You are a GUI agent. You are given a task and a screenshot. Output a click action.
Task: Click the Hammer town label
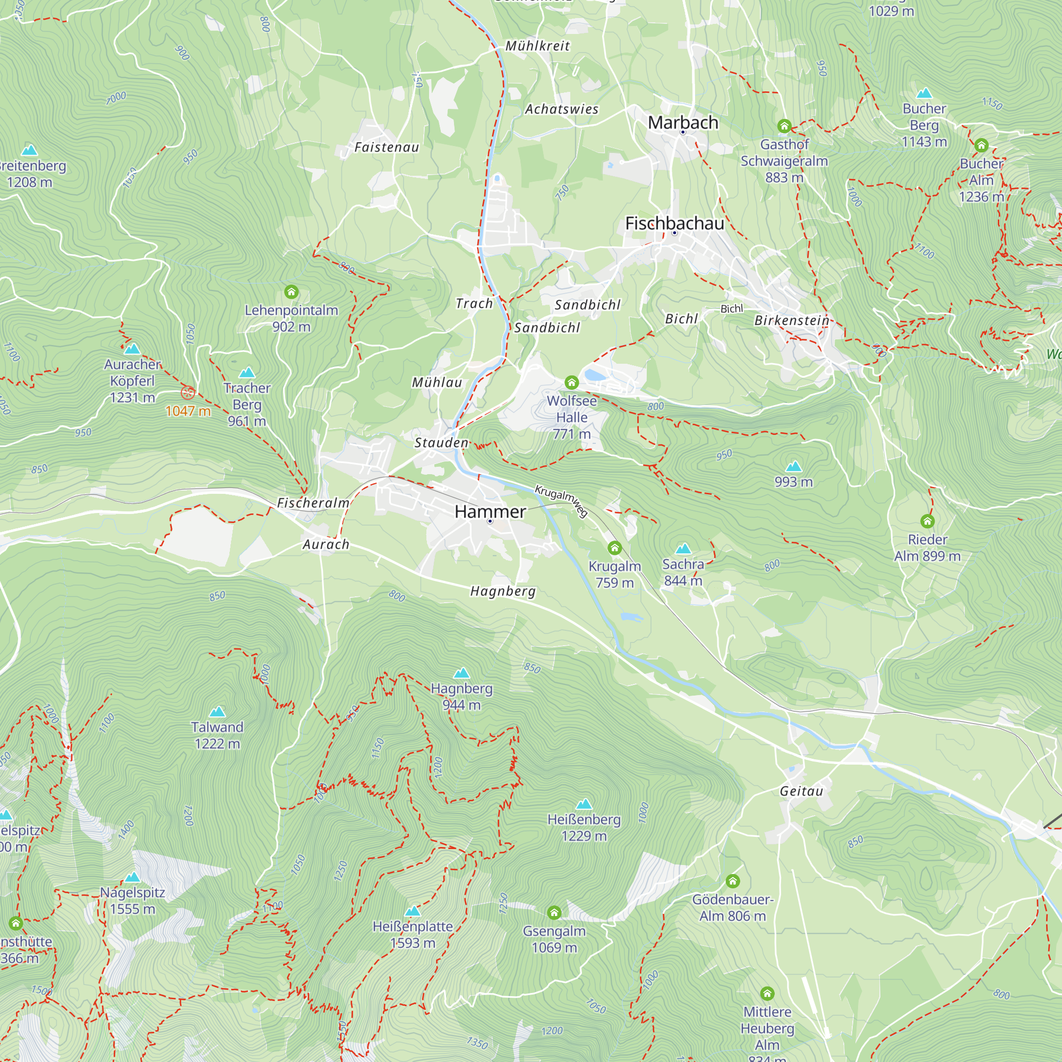click(490, 512)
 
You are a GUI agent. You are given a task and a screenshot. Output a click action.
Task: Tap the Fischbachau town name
click(674, 223)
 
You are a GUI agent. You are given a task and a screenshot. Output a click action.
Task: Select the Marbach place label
click(683, 122)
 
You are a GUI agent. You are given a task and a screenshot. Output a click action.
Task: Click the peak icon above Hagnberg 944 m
click(461, 673)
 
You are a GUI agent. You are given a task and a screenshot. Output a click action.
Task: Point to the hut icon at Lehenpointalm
click(292, 292)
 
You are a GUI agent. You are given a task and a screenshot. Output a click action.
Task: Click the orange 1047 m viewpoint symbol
click(188, 392)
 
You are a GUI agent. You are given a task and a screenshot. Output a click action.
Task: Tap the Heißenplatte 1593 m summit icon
click(412, 911)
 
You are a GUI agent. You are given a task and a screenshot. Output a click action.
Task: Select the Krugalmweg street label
click(561, 500)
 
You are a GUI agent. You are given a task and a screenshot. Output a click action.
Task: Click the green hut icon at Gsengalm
click(554, 912)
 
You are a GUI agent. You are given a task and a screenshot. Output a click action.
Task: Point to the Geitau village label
click(801, 791)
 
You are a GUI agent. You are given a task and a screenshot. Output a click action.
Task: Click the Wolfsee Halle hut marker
click(571, 382)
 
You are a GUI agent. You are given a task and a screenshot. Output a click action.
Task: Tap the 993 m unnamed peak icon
click(793, 467)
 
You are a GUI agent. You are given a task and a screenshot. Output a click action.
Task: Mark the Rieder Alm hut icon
click(927, 520)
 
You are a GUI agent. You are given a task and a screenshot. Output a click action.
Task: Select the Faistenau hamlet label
click(387, 147)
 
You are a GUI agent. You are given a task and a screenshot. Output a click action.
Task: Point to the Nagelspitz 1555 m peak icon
click(132, 877)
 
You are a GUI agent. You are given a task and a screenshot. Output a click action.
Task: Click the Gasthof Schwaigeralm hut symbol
click(784, 126)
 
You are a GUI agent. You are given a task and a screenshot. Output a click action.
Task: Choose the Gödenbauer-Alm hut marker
click(732, 881)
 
